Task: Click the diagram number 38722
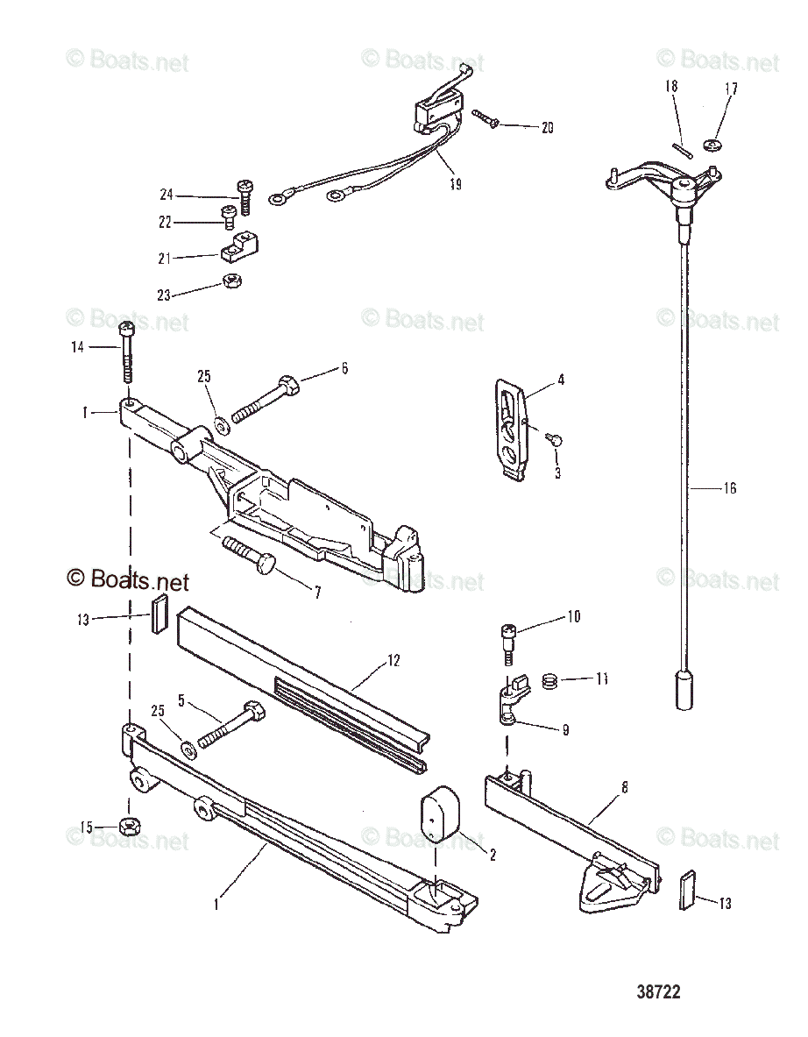(659, 992)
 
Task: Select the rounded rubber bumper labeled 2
(441, 818)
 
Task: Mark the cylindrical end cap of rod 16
(684, 690)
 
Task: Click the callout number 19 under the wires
(455, 184)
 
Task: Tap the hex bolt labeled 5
(227, 724)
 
